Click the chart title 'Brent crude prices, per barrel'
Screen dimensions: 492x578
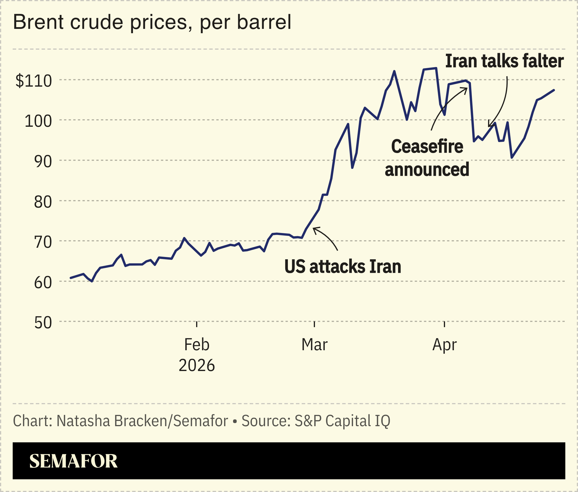[x=152, y=23]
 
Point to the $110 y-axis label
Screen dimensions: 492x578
[x=33, y=81]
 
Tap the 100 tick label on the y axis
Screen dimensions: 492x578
[x=38, y=121]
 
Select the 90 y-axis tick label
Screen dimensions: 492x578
[x=43, y=161]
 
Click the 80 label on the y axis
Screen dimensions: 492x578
[x=43, y=202]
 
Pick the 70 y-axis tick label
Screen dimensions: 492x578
[x=43, y=242]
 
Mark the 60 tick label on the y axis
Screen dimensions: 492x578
[x=43, y=282]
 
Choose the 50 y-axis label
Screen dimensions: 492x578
[x=43, y=323]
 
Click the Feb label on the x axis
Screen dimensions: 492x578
[x=197, y=344]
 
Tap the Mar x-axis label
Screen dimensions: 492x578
[x=314, y=344]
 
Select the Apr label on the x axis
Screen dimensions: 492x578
[x=444, y=344]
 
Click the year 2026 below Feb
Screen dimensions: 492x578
[x=197, y=365]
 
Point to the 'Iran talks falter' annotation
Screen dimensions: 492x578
[x=504, y=61]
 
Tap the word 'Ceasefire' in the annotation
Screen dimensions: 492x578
[x=427, y=146]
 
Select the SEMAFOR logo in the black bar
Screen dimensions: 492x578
[x=73, y=461]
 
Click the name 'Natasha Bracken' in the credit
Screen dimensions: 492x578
[x=112, y=421]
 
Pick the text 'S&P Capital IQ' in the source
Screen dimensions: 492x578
[x=342, y=421]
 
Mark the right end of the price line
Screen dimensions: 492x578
[x=554, y=90]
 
